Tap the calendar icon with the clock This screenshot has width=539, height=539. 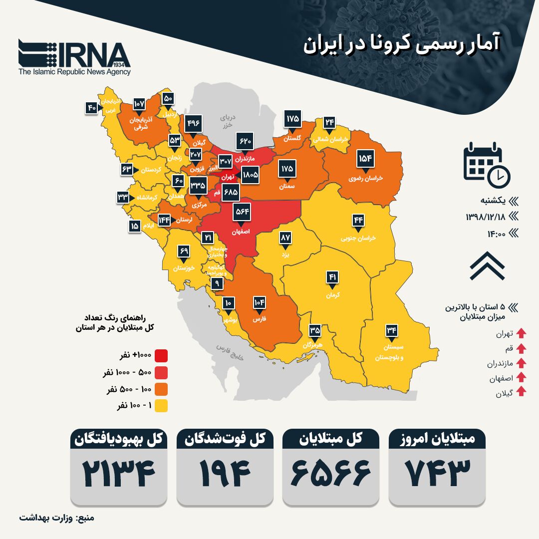(486, 162)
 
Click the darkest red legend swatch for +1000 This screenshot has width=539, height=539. (161, 356)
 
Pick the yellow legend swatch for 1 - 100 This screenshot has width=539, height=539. (161, 406)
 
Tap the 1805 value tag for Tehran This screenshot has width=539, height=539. (250, 175)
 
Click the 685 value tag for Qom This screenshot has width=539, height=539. (231, 192)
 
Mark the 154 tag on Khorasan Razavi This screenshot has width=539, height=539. (366, 159)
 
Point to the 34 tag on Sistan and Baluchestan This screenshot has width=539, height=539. (392, 330)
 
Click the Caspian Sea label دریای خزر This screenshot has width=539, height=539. (228, 122)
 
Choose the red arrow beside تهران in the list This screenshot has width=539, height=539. (521, 333)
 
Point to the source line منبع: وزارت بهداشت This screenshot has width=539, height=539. (57, 518)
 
